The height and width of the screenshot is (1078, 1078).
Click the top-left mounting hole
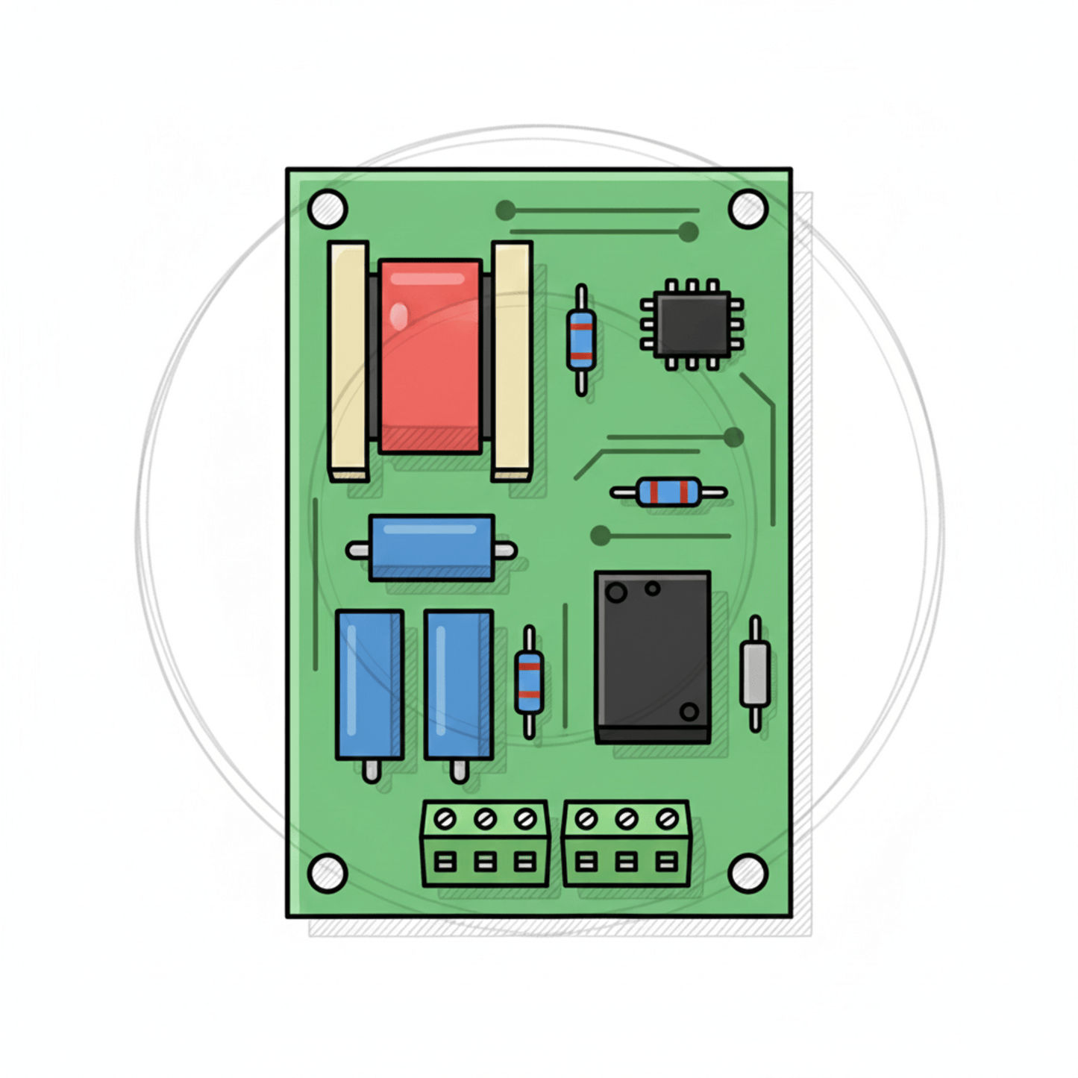tap(327, 209)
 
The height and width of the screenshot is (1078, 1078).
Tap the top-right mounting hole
tap(748, 209)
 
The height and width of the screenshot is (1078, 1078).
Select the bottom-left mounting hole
tap(327, 873)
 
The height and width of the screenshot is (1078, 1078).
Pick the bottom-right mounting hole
tap(748, 873)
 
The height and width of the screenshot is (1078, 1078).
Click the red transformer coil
tap(430, 356)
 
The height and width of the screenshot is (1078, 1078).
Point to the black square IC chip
tap(692, 325)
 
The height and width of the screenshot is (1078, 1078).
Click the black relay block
tap(652, 656)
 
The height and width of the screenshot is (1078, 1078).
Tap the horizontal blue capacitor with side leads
tap(431, 548)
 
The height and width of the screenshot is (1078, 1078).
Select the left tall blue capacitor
tap(369, 685)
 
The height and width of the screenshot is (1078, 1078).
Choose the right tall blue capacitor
tap(458, 685)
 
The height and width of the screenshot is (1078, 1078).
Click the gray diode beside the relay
tap(755, 674)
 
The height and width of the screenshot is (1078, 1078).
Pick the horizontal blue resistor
tap(668, 492)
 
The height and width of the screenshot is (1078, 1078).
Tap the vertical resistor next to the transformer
tap(581, 340)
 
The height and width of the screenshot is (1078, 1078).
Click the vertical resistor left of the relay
tap(529, 682)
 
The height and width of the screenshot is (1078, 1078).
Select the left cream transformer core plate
tap(348, 360)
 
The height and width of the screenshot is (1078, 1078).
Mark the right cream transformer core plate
tap(512, 360)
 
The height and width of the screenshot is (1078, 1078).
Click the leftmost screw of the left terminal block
tap(445, 820)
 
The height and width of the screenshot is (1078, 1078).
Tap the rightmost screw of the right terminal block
tap(666, 820)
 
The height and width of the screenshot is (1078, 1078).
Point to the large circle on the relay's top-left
tap(616, 593)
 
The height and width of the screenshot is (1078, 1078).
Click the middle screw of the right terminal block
tap(626, 820)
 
